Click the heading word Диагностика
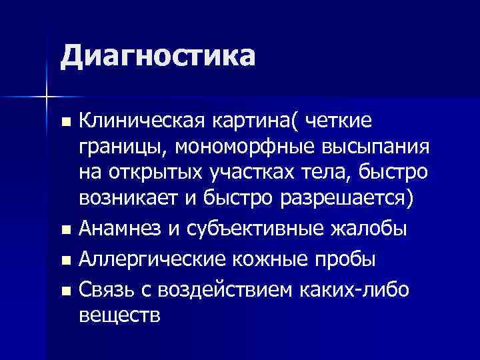(x=157, y=56)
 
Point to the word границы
(x=117, y=147)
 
